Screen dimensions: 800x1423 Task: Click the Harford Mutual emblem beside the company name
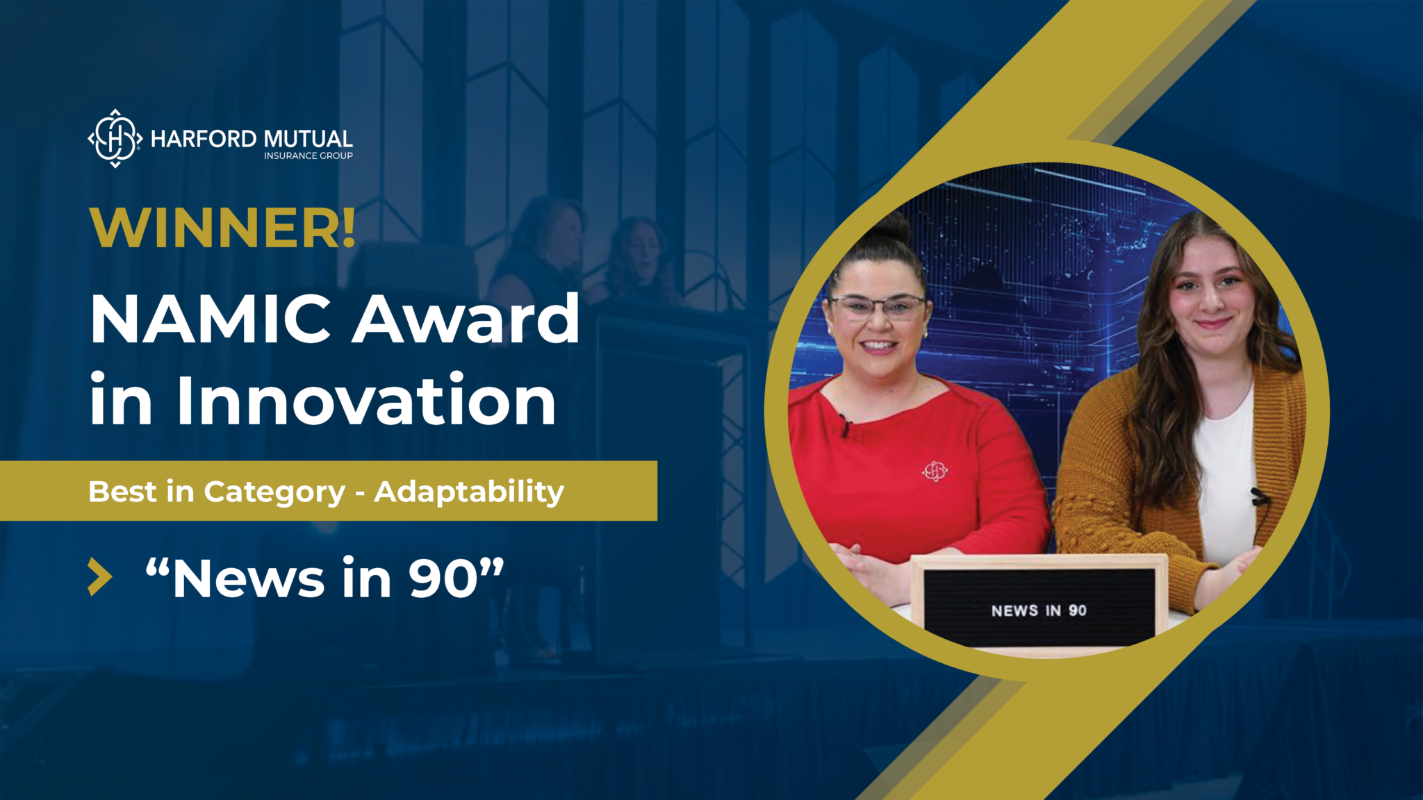click(115, 138)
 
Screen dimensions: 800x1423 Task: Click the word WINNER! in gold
click(222, 227)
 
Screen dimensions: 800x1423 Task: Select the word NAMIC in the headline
click(210, 319)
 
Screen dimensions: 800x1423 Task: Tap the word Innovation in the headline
click(366, 401)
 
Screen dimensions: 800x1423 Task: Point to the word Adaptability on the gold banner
click(469, 492)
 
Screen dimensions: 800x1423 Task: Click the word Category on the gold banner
click(274, 492)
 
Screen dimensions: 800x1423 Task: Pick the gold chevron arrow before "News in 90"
click(100, 576)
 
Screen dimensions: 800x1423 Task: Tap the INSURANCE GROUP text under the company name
click(308, 156)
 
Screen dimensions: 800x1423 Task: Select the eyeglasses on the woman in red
click(877, 306)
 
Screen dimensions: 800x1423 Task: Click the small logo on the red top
click(935, 471)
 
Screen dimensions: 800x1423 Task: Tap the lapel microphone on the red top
click(845, 423)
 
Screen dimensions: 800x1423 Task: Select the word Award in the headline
click(466, 319)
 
